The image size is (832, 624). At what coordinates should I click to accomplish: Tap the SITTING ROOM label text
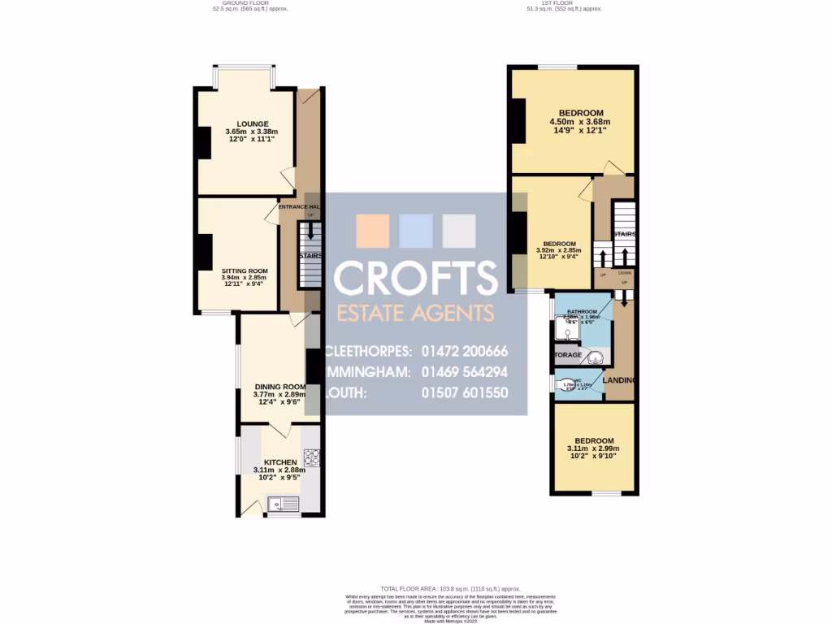pos(245,271)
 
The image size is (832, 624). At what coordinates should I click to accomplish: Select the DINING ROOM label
pos(279,387)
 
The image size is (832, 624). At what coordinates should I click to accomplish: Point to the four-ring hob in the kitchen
pos(311,457)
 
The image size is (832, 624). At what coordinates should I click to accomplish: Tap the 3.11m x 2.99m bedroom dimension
pos(592,448)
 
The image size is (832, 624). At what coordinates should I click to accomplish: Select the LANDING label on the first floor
pos(620,380)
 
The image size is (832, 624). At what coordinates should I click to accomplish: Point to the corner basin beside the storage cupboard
pos(596,356)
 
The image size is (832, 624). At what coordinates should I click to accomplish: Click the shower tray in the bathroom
pos(565,329)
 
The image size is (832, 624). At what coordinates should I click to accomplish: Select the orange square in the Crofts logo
pos(372,231)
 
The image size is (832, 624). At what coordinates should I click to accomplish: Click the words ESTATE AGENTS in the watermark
pos(415,313)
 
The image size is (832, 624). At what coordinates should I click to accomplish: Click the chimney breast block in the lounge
pos(203,144)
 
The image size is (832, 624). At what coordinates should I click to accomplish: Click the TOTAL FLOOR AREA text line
pos(449,588)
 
